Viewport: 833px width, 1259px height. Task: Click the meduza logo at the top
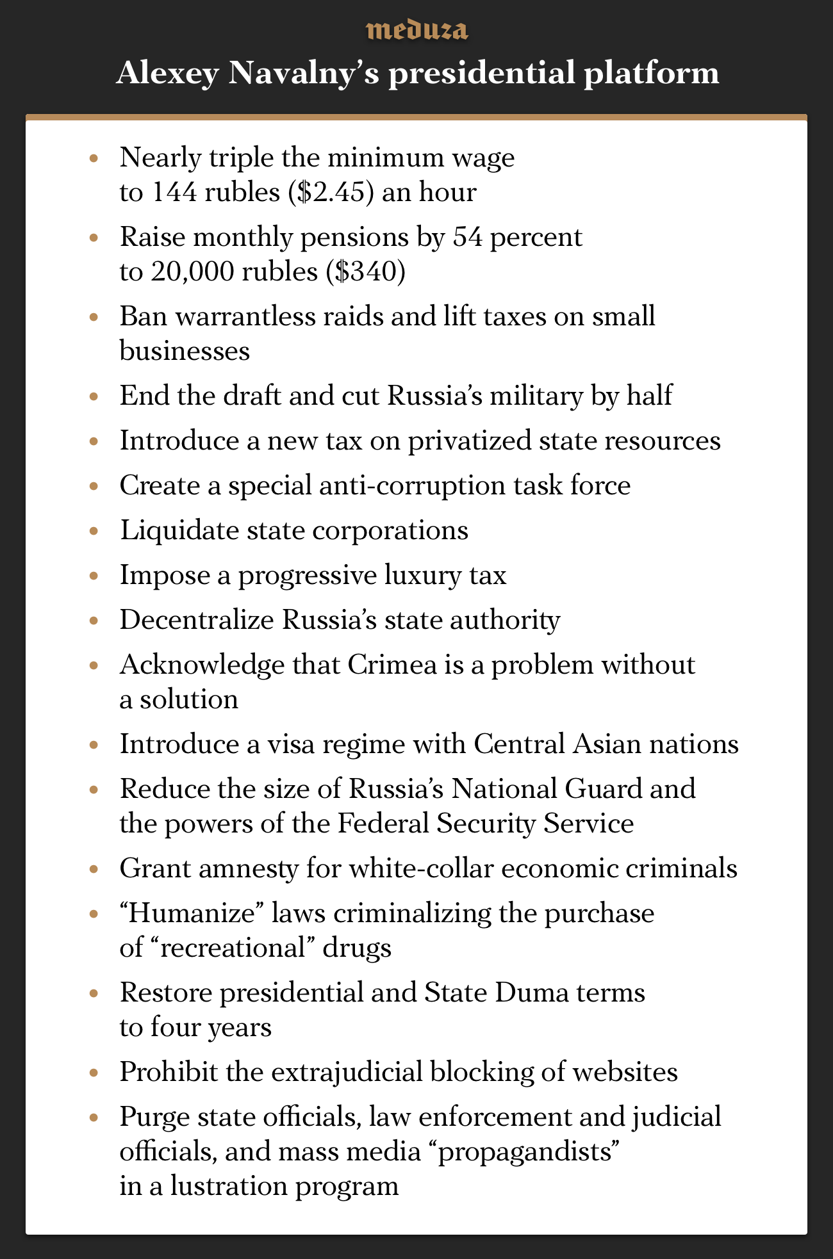coord(416,30)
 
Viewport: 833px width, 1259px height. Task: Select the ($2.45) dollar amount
coord(331,191)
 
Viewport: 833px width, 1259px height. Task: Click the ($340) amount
coord(365,272)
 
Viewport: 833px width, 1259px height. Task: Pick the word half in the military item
coord(648,396)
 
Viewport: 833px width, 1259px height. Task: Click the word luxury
coord(421,575)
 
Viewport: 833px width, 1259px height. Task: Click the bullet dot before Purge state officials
coord(94,1117)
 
